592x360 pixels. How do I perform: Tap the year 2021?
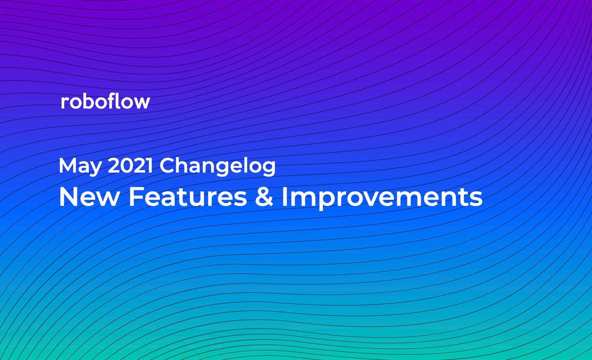pos(132,166)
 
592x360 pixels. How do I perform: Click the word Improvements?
pos(382,198)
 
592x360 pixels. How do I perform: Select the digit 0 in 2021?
pos(127,166)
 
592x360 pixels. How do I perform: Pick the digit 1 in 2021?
pos(150,166)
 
